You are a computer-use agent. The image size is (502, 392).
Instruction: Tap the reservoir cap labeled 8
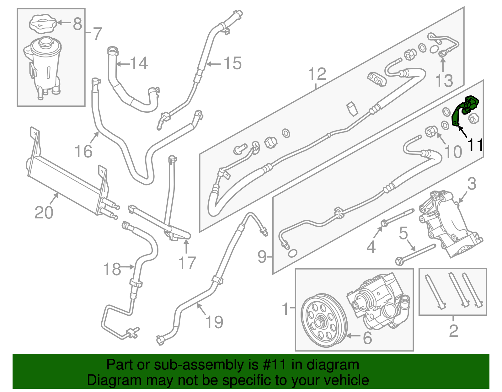coord(43,23)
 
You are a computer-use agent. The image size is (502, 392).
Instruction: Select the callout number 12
coord(317,74)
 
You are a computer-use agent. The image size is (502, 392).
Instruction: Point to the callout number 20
coord(44,213)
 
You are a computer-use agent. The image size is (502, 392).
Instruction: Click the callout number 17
coord(187,263)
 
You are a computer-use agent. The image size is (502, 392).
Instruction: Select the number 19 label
coord(214,322)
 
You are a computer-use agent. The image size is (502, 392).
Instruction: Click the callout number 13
coord(444,81)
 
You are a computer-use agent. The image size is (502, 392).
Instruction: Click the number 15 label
coord(232,63)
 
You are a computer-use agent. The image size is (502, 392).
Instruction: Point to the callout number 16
coord(83,152)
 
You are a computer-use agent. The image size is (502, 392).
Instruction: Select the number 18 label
coord(112,269)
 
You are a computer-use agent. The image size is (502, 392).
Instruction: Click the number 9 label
coord(262,257)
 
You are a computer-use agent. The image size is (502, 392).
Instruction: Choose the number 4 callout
coord(371,247)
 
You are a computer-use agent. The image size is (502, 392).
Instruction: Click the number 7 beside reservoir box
coord(97,33)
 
